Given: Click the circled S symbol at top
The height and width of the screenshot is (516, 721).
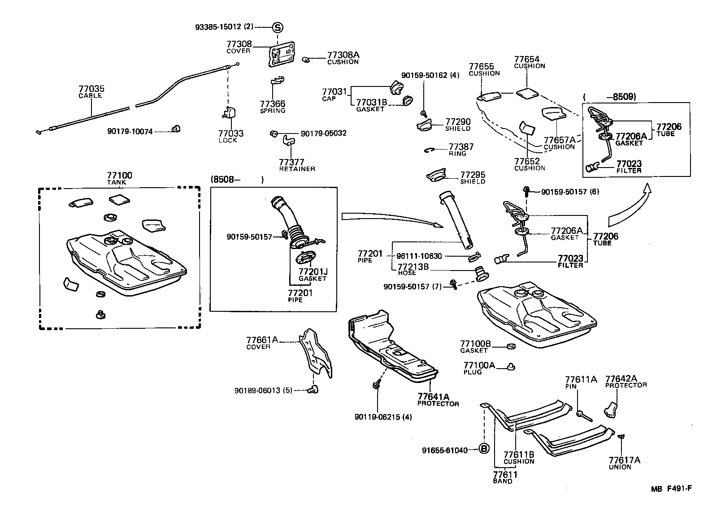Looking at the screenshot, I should coord(278,27).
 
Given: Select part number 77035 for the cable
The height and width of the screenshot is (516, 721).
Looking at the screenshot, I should coord(91,89).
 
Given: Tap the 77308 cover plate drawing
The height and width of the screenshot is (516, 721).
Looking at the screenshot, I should coord(282,55).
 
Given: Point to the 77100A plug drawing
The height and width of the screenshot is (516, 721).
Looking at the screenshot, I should coord(510,367).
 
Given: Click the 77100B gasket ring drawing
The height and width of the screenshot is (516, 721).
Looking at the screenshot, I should coord(510,346).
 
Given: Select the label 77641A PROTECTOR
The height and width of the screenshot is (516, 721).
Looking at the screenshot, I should coord(438,400).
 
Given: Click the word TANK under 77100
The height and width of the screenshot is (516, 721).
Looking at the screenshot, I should coord(117,182).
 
